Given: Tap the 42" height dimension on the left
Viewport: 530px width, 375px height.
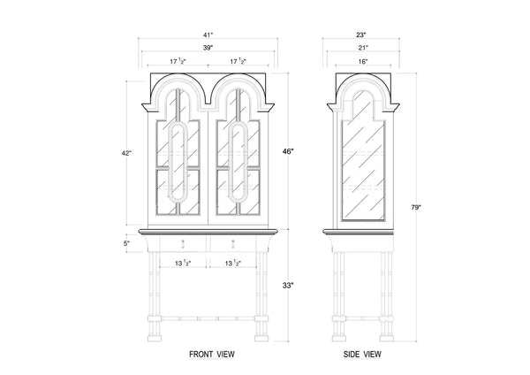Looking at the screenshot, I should click(127, 153).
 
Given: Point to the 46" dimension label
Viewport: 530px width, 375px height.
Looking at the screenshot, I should click(288, 151).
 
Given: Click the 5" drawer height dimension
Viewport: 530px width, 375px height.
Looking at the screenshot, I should click(127, 242).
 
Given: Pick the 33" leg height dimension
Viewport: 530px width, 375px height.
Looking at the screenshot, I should click(288, 286).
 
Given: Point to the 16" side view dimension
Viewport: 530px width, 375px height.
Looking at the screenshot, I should click(362, 62).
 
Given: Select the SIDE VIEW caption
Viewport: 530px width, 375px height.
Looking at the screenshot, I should click(362, 355).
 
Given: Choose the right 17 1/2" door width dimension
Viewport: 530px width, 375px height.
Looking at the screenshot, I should click(237, 62).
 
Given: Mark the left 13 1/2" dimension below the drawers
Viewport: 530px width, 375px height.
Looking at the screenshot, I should click(183, 264).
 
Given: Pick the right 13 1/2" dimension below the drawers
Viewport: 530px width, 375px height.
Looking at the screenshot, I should click(234, 264).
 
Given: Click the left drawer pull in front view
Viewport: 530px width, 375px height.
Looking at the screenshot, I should click(183, 242).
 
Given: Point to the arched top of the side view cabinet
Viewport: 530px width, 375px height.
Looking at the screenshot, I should click(362, 88).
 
